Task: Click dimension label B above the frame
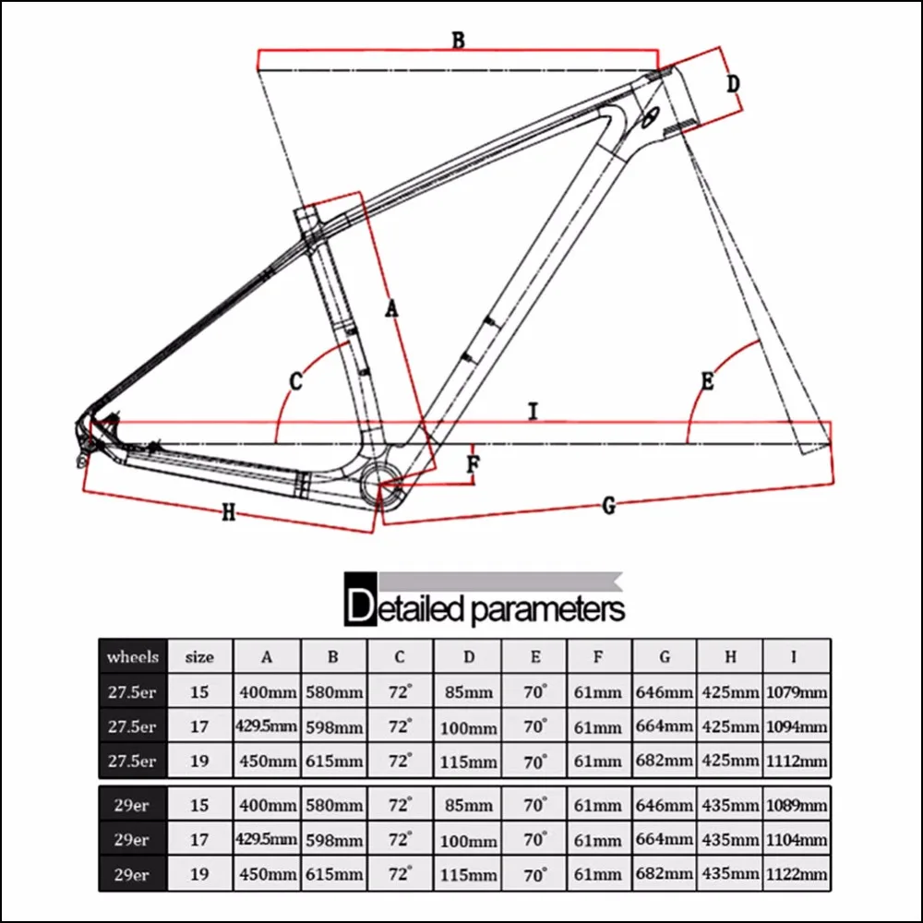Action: (x=458, y=40)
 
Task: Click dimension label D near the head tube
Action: (x=731, y=84)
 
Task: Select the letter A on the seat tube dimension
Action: (x=391, y=309)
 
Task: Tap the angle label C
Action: (x=296, y=380)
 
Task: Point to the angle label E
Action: (x=707, y=380)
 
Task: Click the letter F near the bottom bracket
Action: (x=472, y=464)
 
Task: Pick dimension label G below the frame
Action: (x=608, y=504)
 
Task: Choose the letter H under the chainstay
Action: (x=229, y=513)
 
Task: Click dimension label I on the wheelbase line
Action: (x=533, y=413)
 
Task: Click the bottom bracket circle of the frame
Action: (x=381, y=481)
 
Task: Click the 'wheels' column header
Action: (x=133, y=657)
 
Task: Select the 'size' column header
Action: (x=199, y=657)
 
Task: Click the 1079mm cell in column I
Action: (x=796, y=692)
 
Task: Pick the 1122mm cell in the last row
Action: (x=796, y=874)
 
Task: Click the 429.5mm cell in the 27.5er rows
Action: (x=266, y=727)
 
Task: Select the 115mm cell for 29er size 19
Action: (x=468, y=874)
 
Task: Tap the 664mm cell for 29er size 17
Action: (x=665, y=839)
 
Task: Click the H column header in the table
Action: (x=730, y=657)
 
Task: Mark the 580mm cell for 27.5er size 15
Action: (x=333, y=692)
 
